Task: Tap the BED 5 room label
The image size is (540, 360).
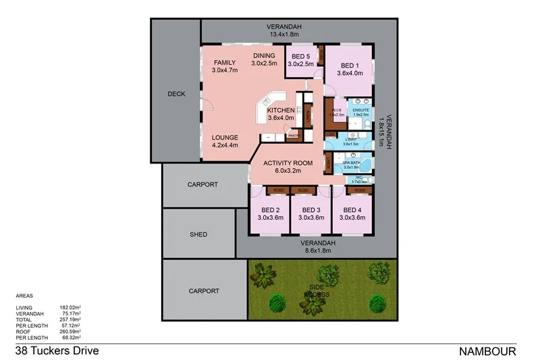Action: tap(300, 56)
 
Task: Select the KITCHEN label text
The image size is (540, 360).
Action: tap(280, 110)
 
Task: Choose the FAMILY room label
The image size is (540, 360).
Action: tap(225, 62)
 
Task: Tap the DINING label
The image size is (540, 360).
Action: tap(265, 55)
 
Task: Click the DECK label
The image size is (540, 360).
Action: tap(175, 95)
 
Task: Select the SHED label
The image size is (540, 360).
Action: tap(198, 234)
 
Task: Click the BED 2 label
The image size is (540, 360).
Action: tap(269, 209)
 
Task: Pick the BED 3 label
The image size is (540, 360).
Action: tap(310, 209)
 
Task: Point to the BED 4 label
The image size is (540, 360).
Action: tap(352, 209)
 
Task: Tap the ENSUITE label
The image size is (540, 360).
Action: tap(361, 109)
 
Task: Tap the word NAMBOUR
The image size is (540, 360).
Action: tap(487, 351)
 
